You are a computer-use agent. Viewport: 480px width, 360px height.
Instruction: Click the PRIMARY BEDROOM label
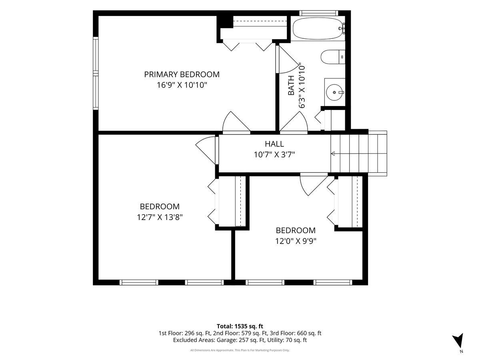[x=182, y=74]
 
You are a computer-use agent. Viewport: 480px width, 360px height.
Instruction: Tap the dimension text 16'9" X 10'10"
[x=182, y=85]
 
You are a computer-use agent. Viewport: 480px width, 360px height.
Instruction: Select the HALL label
[x=274, y=144]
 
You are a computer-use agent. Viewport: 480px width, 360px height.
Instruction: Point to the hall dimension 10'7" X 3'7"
[x=274, y=155]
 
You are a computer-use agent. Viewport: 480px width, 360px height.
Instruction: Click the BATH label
[x=291, y=86]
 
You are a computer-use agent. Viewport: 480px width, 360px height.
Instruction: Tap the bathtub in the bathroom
[x=318, y=28]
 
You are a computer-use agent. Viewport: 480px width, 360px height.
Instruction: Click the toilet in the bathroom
[x=333, y=57]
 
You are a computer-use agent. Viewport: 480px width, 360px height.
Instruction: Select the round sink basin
[x=334, y=92]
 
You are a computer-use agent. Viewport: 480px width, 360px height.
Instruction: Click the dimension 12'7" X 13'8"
[x=160, y=217]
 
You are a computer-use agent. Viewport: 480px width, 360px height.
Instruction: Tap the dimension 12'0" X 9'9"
[x=296, y=241]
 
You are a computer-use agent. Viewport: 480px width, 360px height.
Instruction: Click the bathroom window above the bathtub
[x=318, y=13]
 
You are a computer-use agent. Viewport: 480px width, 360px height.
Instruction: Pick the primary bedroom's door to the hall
[x=236, y=123]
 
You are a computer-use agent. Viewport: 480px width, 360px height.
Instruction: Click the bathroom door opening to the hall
[x=294, y=123]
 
